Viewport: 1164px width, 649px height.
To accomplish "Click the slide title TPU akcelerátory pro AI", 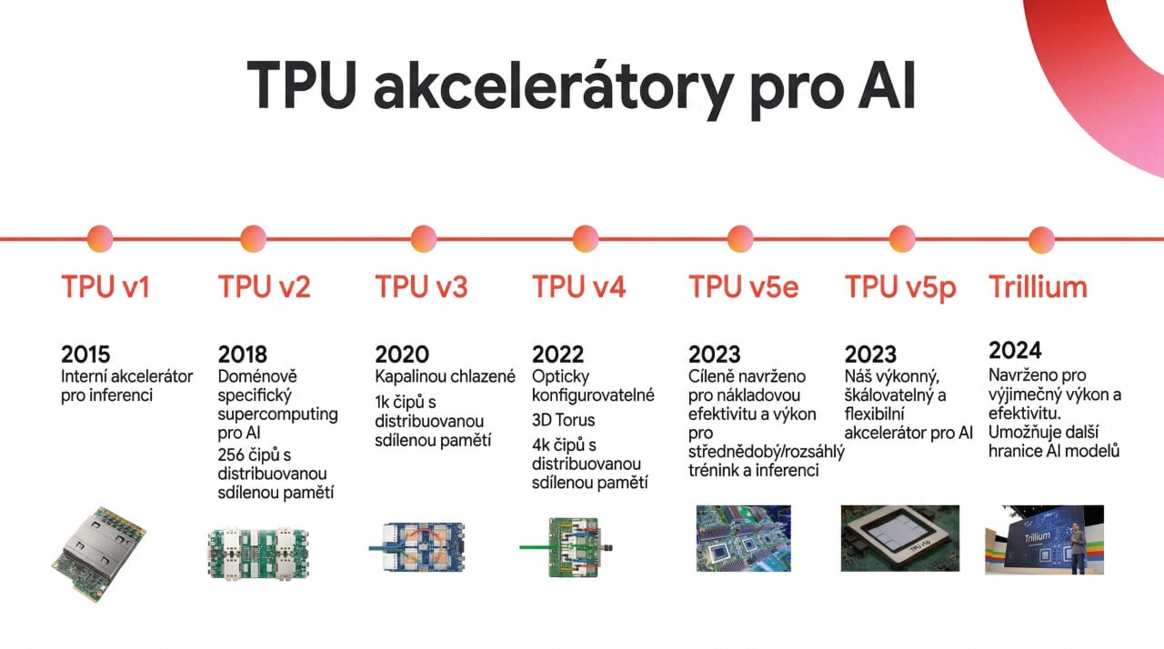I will coord(581,87).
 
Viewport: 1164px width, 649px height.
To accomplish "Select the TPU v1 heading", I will coord(105,287).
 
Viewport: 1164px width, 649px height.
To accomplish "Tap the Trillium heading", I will coord(1038,287).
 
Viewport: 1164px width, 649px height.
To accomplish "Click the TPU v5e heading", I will coord(743,287).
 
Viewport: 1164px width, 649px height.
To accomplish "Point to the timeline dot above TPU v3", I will coord(424,239).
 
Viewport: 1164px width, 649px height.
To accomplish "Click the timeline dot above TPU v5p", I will coord(902,239).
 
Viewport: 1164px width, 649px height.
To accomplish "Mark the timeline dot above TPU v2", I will coord(254,239).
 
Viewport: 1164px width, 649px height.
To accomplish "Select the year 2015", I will coord(86,354).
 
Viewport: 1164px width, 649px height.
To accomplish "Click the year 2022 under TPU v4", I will coord(557,354).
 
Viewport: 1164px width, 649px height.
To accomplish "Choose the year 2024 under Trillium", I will coord(1014,350).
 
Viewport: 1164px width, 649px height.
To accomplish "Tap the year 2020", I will coord(401,354).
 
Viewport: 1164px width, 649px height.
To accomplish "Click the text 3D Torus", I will coord(563,420).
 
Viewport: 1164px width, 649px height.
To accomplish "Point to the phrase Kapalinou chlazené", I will coord(446,376).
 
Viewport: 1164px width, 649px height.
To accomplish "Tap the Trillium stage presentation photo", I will coord(1044,539).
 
